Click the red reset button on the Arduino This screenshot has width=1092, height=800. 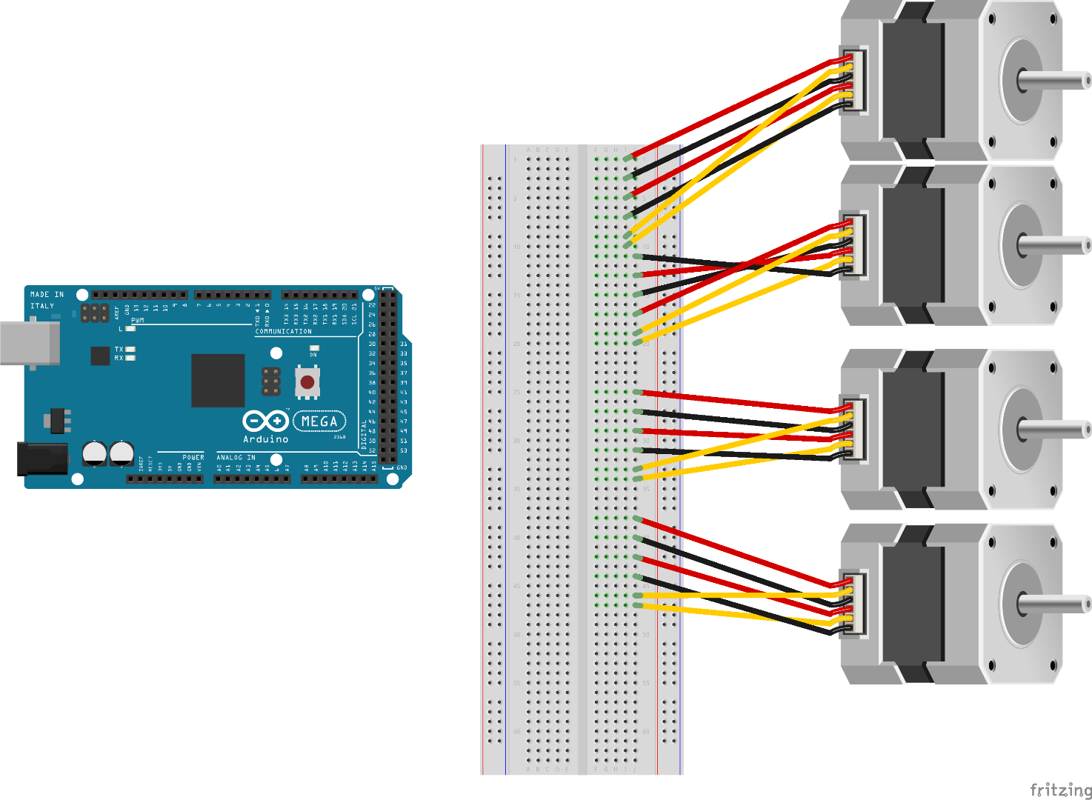[307, 382]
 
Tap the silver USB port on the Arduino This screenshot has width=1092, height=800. [30, 343]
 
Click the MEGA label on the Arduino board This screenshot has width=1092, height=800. [319, 421]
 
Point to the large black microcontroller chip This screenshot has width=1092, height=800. [218, 380]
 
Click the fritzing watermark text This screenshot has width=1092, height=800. [1060, 790]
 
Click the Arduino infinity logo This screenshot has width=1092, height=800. [265, 421]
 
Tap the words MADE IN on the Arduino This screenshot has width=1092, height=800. [47, 295]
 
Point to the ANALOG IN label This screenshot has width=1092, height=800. [236, 458]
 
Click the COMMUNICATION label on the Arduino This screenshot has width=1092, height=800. [283, 332]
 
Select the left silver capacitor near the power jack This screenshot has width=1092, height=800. [95, 453]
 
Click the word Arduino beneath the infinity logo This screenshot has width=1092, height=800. [265, 439]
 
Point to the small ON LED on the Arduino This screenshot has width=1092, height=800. [313, 348]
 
